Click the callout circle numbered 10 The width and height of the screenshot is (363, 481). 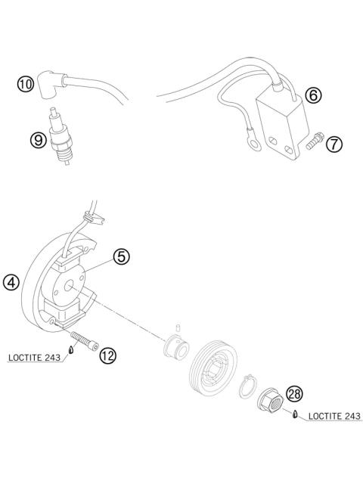tap(24, 85)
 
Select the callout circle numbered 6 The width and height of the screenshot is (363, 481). tap(314, 95)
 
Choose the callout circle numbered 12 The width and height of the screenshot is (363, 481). tap(109, 355)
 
